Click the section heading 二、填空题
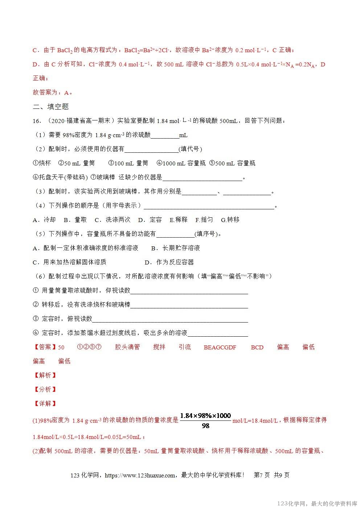pyautogui.click(x=51, y=107)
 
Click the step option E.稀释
pyautogui.click(x=179, y=219)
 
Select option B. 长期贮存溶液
pyautogui.click(x=176, y=248)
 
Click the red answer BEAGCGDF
pyautogui.click(x=220, y=347)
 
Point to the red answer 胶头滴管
pyautogui.click(x=127, y=347)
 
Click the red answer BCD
pyautogui.click(x=257, y=347)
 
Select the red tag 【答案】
pyautogui.click(x=45, y=347)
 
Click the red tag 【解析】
pyautogui.click(x=45, y=375)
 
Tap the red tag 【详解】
pyautogui.click(x=45, y=403)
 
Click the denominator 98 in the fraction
pyautogui.click(x=205, y=426)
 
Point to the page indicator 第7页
pyautogui.click(x=262, y=475)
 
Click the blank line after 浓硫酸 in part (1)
pyautogui.click(x=165, y=136)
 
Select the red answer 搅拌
pyautogui.click(x=159, y=347)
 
